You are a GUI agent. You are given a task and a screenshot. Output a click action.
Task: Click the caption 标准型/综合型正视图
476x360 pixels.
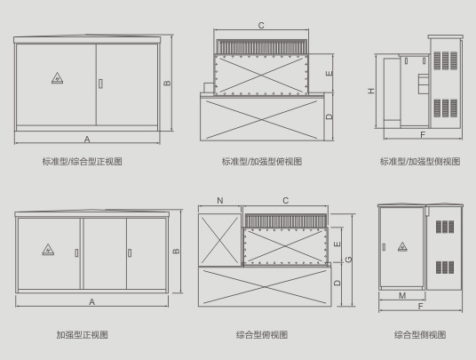point(83,161)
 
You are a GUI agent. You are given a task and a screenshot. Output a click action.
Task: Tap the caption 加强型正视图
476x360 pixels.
point(83,335)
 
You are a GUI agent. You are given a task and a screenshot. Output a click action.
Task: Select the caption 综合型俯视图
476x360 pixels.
point(262,335)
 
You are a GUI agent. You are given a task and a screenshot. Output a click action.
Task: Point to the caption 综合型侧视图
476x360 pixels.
point(420,335)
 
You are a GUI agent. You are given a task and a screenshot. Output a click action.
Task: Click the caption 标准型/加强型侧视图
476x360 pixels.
point(420,161)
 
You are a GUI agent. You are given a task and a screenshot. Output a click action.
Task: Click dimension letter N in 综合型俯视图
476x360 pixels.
point(220,201)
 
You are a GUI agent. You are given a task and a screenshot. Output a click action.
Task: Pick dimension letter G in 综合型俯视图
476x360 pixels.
point(349,260)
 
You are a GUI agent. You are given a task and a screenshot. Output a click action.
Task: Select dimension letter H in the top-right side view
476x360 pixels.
point(371,91)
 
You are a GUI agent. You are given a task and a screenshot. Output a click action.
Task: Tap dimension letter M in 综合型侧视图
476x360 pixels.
point(402,295)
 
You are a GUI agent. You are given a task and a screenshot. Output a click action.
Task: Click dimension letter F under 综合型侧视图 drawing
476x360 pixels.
point(420,307)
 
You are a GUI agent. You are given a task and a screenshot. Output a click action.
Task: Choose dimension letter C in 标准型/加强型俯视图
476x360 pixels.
point(261,26)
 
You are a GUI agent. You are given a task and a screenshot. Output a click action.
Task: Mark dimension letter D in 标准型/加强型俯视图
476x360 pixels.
point(329,116)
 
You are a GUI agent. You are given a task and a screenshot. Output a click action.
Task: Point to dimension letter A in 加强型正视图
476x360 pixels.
point(92,302)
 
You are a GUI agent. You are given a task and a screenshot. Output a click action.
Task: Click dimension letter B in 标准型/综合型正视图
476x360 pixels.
point(167,83)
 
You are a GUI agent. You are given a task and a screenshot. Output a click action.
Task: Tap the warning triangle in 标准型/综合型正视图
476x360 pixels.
point(57,78)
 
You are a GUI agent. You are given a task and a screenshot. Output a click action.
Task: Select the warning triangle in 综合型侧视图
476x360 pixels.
point(402,247)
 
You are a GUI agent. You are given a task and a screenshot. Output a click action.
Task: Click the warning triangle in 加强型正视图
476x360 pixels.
point(48,250)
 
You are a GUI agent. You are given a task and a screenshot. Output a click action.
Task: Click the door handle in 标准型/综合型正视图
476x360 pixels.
point(100,84)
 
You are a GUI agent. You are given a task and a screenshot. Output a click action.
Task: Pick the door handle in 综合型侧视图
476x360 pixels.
point(384,247)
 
